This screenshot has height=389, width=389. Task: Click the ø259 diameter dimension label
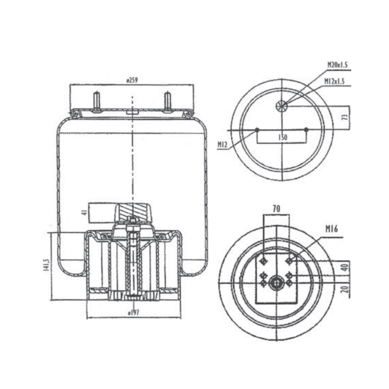click(x=132, y=81)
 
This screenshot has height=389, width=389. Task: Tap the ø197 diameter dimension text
click(x=134, y=313)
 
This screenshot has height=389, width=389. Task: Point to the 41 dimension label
click(x=85, y=212)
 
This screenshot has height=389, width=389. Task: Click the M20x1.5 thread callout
click(x=337, y=65)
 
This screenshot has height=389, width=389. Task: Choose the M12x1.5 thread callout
click(x=334, y=81)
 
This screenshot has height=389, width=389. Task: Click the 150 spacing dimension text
click(x=283, y=137)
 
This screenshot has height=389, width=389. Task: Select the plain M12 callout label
click(x=222, y=144)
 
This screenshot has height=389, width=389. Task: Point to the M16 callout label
click(x=332, y=228)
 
